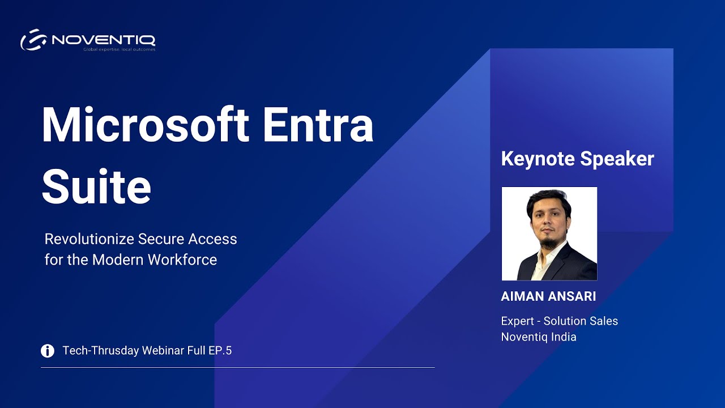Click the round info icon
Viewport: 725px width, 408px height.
click(48, 351)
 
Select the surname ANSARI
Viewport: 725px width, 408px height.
click(574, 297)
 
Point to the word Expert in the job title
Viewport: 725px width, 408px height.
click(517, 321)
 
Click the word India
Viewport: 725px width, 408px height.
click(562, 337)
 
